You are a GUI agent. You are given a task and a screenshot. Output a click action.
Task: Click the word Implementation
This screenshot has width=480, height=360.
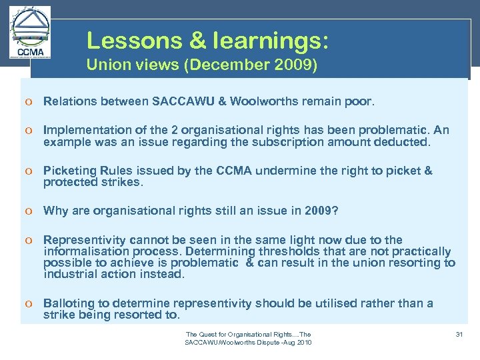coord(83,131)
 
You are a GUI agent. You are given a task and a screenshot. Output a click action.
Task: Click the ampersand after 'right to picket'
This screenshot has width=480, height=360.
coord(428,171)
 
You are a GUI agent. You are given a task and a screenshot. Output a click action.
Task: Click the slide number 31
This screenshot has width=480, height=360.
coord(459,334)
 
